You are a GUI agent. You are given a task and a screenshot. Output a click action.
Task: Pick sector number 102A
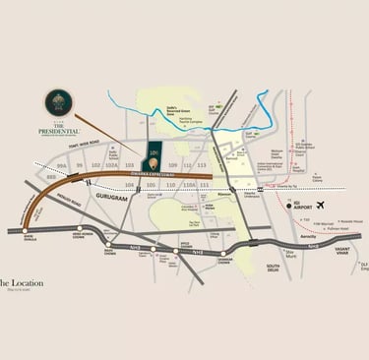pos(111,165)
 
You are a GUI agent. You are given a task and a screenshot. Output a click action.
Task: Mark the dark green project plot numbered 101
pos(154,153)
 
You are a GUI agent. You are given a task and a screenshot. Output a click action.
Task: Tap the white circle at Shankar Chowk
pos(221,253)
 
